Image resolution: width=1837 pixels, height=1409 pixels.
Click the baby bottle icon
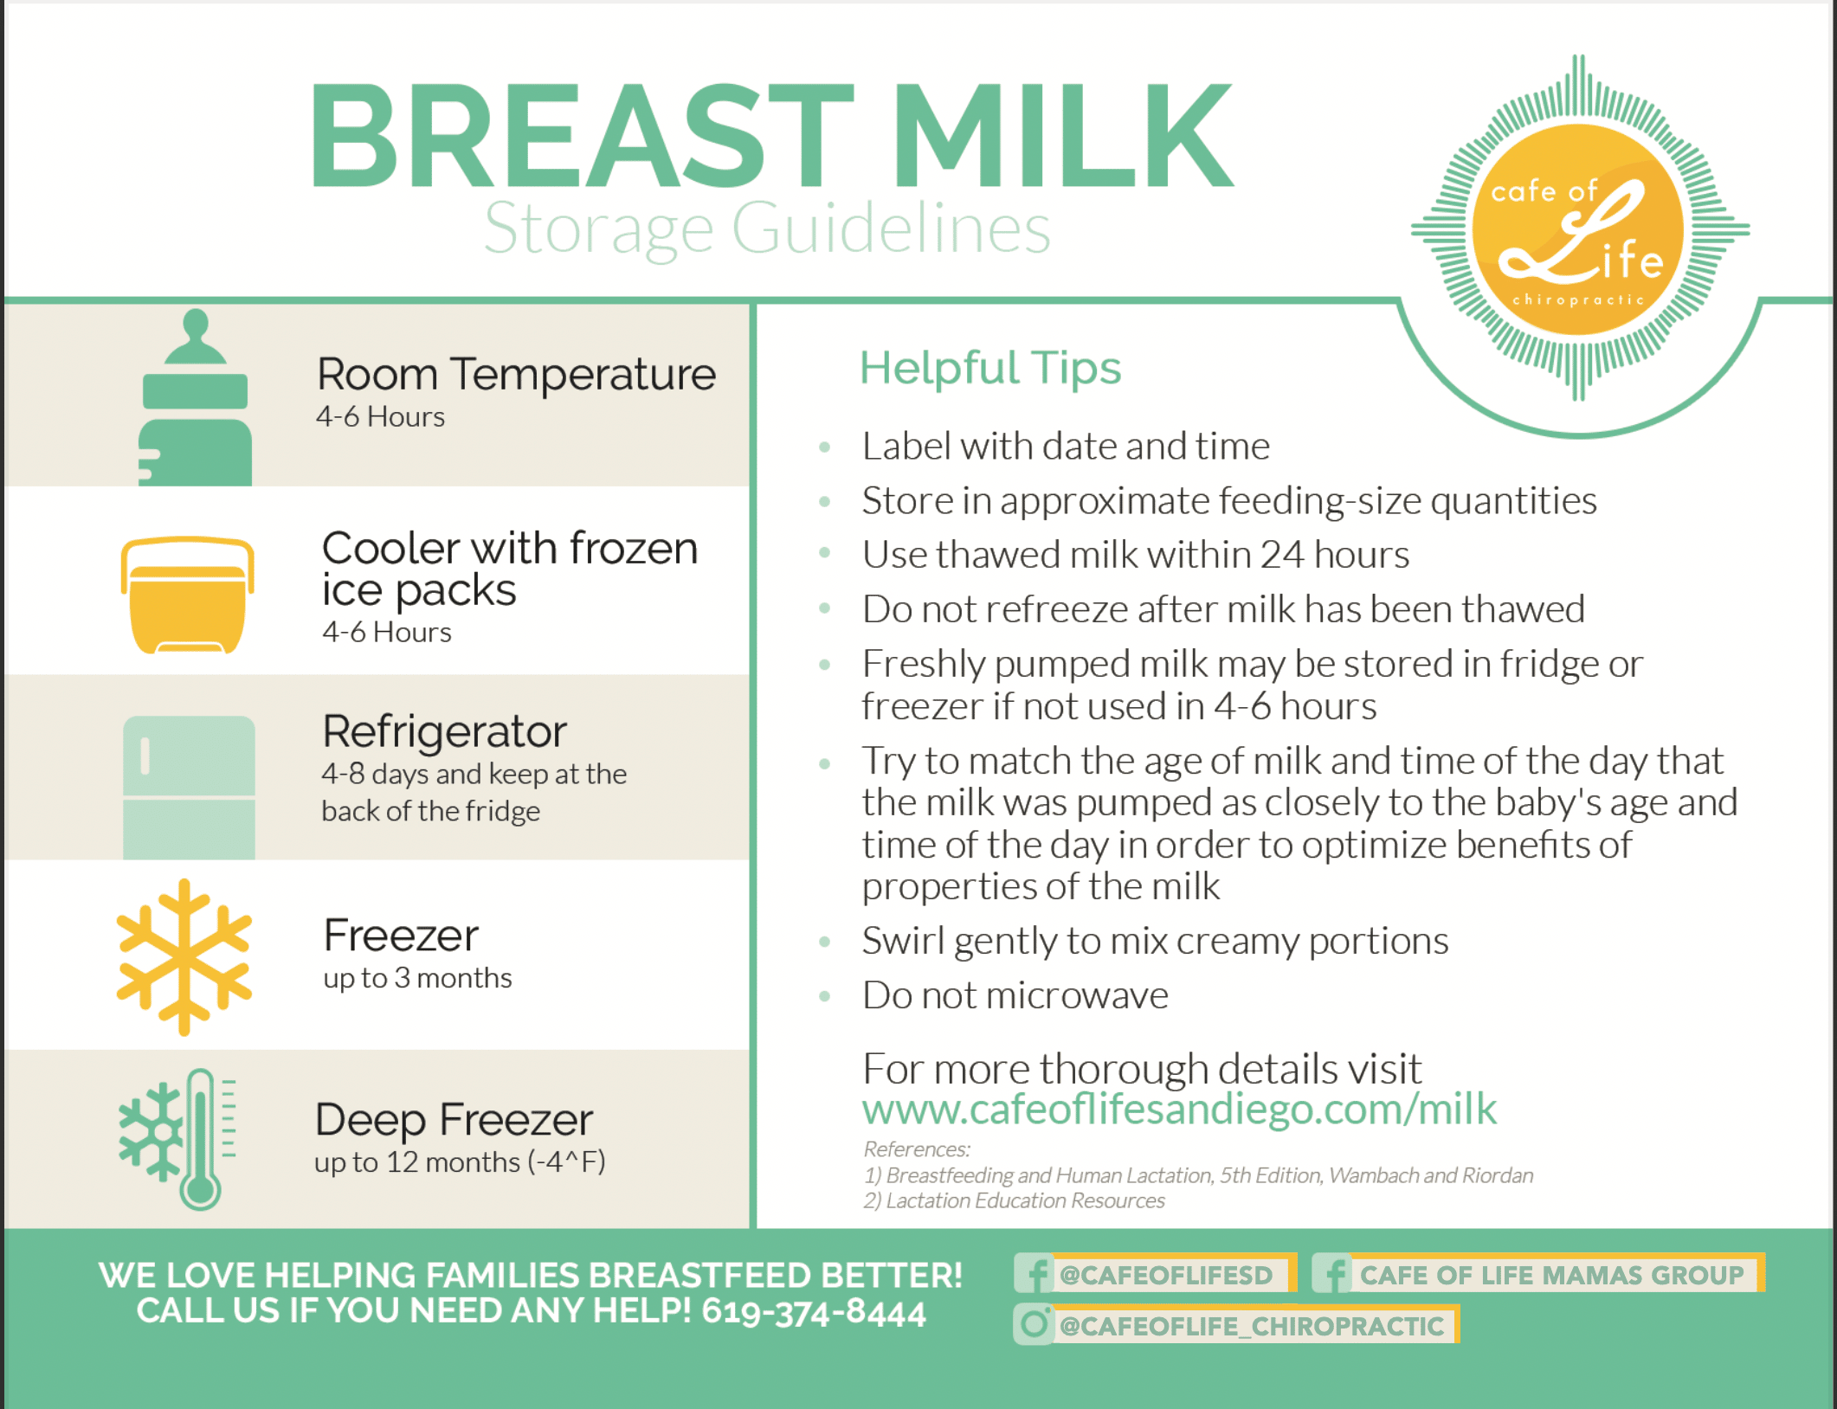[196, 398]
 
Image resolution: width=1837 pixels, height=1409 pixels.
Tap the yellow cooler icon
[187, 595]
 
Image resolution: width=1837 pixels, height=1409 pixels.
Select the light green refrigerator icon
[189, 788]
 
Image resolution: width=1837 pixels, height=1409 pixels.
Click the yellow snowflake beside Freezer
[184, 957]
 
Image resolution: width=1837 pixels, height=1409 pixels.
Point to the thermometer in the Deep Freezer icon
[201, 1139]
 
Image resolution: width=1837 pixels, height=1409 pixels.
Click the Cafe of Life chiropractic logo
[1579, 228]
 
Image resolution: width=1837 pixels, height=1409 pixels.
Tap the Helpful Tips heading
[990, 368]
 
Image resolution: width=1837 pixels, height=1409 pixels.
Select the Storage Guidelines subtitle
[767, 228]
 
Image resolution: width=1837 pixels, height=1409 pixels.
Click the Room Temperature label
[517, 375]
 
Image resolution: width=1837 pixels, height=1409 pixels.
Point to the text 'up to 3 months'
[417, 978]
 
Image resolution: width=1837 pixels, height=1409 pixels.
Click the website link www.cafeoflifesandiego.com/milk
[1179, 1110]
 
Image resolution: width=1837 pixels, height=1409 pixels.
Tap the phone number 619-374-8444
[814, 1312]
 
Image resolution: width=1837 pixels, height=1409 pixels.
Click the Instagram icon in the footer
[1034, 1324]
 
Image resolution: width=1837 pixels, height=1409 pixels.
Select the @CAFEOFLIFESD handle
[1166, 1275]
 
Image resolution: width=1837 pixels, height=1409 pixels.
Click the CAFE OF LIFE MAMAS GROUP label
[1551, 1275]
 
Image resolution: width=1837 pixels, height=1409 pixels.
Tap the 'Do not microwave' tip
[1015, 995]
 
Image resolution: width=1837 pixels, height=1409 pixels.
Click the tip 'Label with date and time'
[1066, 447]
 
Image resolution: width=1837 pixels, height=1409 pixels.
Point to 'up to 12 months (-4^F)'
[460, 1162]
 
